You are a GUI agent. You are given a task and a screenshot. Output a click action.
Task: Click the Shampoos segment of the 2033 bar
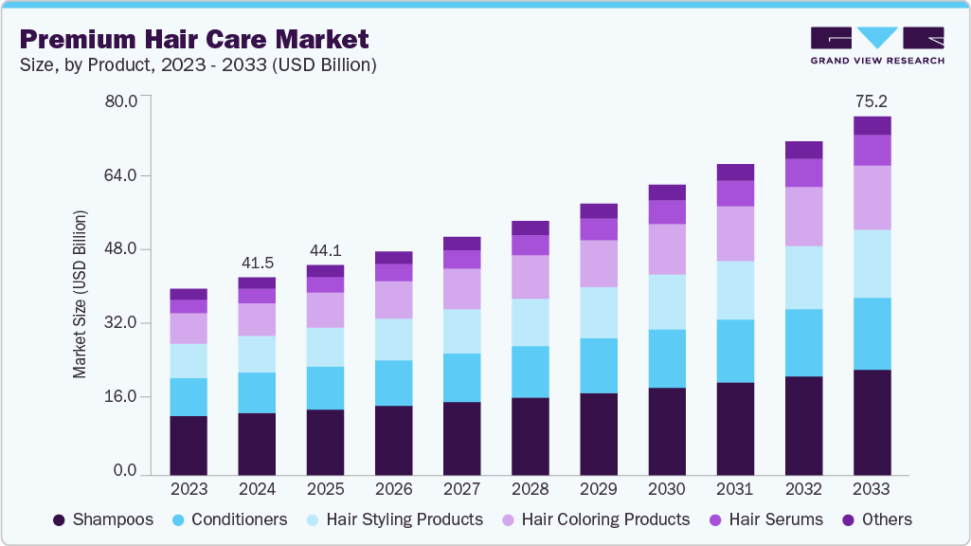pyautogui.click(x=872, y=422)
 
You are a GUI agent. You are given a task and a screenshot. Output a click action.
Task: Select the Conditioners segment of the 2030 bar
pyautogui.click(x=667, y=358)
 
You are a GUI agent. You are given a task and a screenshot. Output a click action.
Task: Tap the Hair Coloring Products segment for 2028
pyautogui.click(x=530, y=277)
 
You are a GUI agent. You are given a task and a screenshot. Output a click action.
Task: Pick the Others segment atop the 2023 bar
pyautogui.click(x=189, y=294)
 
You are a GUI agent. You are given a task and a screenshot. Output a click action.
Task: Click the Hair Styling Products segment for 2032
pyautogui.click(x=803, y=278)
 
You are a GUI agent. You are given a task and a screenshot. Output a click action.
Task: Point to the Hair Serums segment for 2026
pyautogui.click(x=393, y=272)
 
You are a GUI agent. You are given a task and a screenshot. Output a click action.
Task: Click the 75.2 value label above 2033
pyautogui.click(x=872, y=101)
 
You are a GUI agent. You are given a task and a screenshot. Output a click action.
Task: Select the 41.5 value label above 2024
pyautogui.click(x=257, y=262)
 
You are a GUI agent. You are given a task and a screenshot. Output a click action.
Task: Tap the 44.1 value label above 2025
pyautogui.click(x=325, y=250)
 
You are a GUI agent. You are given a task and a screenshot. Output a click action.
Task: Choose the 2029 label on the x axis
pyautogui.click(x=598, y=490)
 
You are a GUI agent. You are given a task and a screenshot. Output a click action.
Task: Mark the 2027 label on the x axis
pyautogui.click(x=461, y=490)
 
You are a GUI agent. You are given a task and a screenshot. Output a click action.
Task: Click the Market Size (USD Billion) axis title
pyautogui.click(x=80, y=294)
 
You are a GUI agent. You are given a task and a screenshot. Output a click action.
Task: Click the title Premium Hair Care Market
pyautogui.click(x=195, y=40)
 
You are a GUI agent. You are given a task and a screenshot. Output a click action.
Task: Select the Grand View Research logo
pyautogui.click(x=877, y=45)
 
